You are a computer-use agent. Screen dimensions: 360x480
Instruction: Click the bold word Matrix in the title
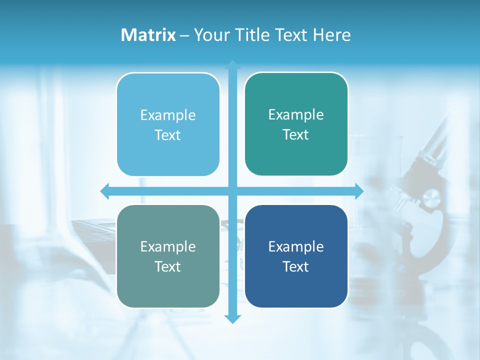(x=148, y=35)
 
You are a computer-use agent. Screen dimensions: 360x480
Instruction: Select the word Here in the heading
(x=331, y=35)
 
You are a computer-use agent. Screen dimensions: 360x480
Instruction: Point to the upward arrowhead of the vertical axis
(x=232, y=64)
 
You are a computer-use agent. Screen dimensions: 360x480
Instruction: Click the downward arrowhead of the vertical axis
(x=232, y=318)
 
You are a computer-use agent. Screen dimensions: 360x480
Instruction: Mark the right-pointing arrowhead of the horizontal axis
(x=359, y=191)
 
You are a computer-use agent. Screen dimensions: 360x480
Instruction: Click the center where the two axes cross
(x=232, y=191)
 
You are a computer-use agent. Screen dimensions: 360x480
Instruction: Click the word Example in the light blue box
(x=168, y=115)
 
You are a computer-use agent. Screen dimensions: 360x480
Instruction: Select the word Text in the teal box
(x=296, y=135)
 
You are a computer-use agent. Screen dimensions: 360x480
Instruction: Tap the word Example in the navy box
(x=296, y=246)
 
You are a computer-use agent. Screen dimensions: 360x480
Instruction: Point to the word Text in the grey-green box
(x=168, y=266)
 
